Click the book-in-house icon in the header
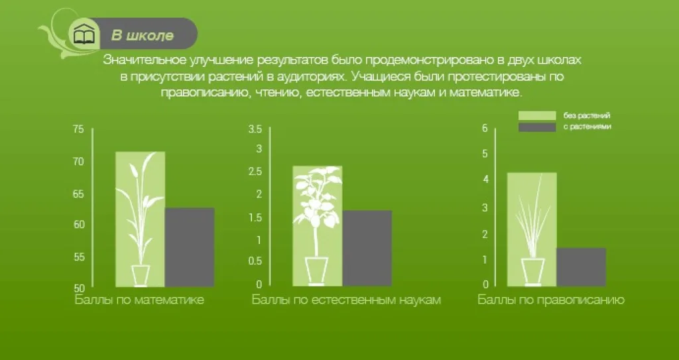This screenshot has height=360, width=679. tap(84, 34)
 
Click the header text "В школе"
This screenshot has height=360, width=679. tap(143, 36)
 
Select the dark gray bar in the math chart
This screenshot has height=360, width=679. tap(190, 247)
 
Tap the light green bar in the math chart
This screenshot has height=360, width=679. tap(141, 219)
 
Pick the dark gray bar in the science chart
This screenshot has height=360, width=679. tap(367, 248)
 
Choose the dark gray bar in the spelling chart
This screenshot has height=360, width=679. tap(581, 267)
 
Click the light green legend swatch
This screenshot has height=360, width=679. tap(537, 115)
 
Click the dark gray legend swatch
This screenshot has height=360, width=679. tap(537, 127)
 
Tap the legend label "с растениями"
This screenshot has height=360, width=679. tap(587, 127)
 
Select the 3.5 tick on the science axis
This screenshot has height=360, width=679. tap(255, 129)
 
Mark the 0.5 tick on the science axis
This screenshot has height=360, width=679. tap(255, 261)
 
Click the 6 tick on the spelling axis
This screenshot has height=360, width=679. tap(485, 128)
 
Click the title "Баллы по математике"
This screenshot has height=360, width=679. tap(139, 300)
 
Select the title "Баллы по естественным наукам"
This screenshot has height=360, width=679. tap(346, 300)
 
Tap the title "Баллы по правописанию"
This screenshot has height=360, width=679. tap(551, 300)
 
